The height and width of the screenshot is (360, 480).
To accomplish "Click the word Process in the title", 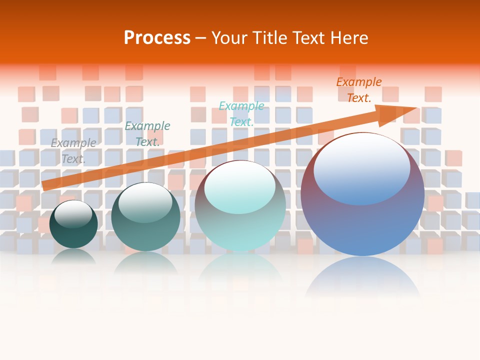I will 157,38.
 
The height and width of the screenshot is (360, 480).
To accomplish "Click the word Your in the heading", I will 230,38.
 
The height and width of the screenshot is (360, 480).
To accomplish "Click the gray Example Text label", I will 73,151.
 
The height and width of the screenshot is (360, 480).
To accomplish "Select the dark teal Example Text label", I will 147,134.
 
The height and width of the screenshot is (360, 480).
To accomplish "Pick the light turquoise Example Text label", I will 241,113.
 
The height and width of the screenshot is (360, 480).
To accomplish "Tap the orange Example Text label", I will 358,90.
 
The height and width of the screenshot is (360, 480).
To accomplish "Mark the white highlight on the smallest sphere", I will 73,212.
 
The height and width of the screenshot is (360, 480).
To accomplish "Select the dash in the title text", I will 201,38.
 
